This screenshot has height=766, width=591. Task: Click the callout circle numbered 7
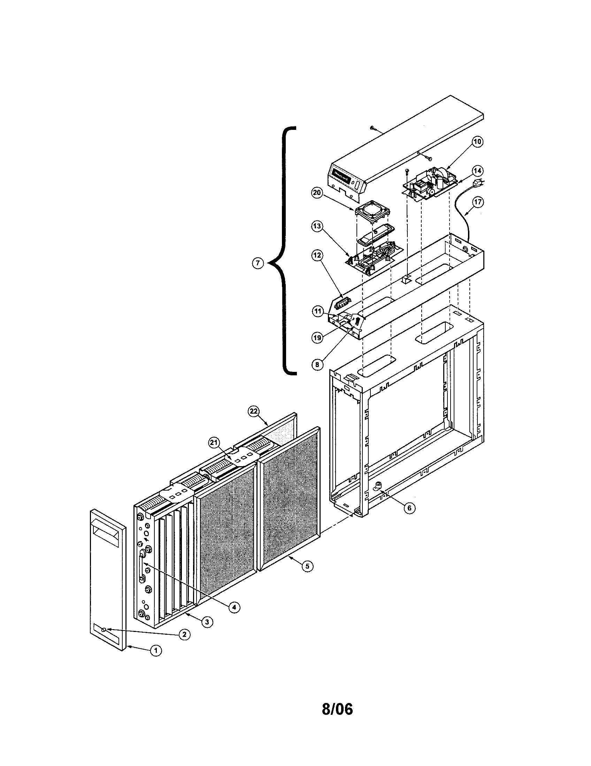click(x=258, y=263)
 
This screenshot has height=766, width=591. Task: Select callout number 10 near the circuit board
click(x=477, y=142)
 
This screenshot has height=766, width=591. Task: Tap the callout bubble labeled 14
click(x=477, y=171)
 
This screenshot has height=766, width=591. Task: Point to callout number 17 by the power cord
click(x=478, y=202)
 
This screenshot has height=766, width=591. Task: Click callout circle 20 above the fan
click(x=317, y=193)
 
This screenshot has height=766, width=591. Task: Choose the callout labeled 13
click(x=317, y=226)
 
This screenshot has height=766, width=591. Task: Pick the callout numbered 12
click(x=317, y=255)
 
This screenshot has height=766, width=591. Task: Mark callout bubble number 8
click(x=317, y=365)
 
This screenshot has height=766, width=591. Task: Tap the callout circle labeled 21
click(x=214, y=443)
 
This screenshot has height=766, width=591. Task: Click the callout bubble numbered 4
click(x=235, y=607)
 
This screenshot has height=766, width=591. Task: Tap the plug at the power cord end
click(x=477, y=183)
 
